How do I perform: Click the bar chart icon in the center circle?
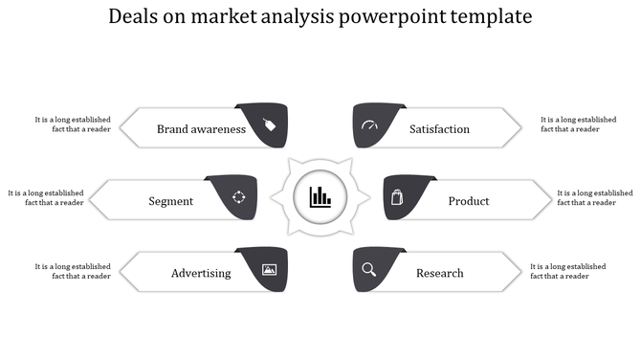[320, 198]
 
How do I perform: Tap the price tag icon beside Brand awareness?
[269, 125]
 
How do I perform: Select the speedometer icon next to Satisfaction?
[370, 126]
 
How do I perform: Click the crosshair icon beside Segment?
[239, 198]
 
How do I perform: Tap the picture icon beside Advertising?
[269, 271]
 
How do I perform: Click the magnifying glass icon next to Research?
[369, 270]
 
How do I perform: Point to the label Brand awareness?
[201, 129]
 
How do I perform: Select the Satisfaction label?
[439, 129]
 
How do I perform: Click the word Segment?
[171, 201]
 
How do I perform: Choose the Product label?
[469, 201]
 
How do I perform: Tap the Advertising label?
[201, 273]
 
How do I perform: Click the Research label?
[440, 273]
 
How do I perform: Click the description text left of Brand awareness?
[73, 124]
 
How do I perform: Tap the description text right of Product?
[594, 197]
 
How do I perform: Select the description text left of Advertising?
[73, 271]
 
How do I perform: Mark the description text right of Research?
[567, 271]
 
